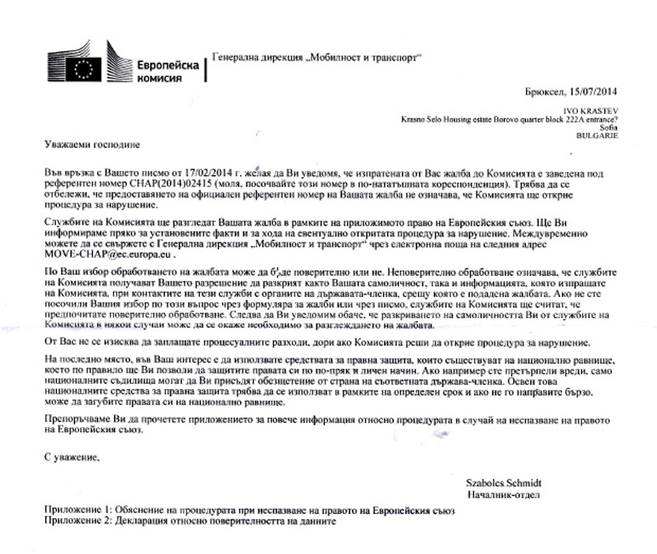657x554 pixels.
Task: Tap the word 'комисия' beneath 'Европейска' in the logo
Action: pos(159,77)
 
